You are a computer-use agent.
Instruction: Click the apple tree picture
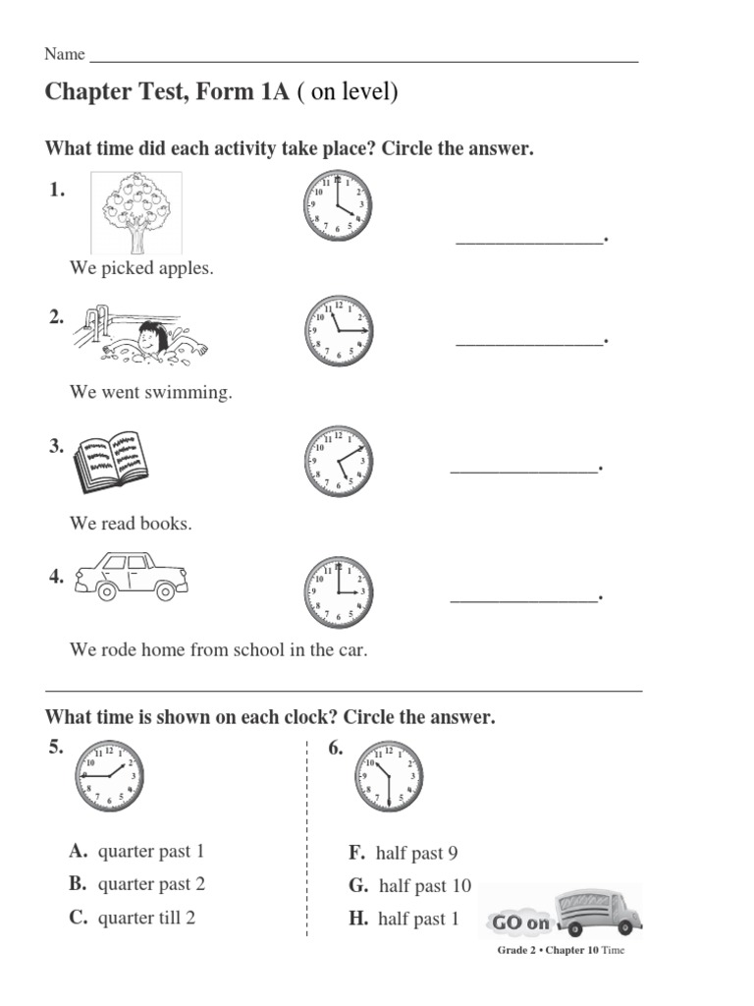135,212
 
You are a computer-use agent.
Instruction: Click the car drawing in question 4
130,576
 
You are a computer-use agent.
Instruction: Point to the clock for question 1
338,206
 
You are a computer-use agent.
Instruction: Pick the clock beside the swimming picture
338,331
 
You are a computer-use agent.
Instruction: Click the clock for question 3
338,461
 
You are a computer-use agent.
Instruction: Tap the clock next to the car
338,591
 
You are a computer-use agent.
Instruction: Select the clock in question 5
108,775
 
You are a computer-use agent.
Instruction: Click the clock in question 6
389,775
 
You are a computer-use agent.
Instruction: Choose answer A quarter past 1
137,851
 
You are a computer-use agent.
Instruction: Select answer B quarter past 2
137,883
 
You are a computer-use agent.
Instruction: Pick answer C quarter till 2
133,918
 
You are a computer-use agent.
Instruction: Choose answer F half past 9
404,853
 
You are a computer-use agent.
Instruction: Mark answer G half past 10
410,886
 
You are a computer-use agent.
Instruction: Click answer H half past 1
404,920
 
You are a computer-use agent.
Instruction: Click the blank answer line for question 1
529,240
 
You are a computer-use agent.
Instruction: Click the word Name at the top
65,54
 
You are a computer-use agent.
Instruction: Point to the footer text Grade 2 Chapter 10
561,950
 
